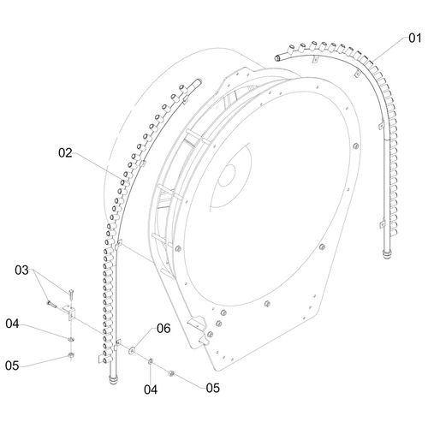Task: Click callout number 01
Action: coord(414,38)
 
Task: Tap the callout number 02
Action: coord(65,153)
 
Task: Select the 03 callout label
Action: coord(21,270)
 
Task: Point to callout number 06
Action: coord(163,329)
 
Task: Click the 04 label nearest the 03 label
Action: coord(12,324)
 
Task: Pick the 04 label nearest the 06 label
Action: coord(151,389)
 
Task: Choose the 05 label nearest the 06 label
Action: coord(213,388)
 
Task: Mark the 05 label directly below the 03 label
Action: coord(12,366)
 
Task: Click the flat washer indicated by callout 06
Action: coord(132,350)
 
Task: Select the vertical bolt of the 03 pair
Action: coord(70,294)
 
